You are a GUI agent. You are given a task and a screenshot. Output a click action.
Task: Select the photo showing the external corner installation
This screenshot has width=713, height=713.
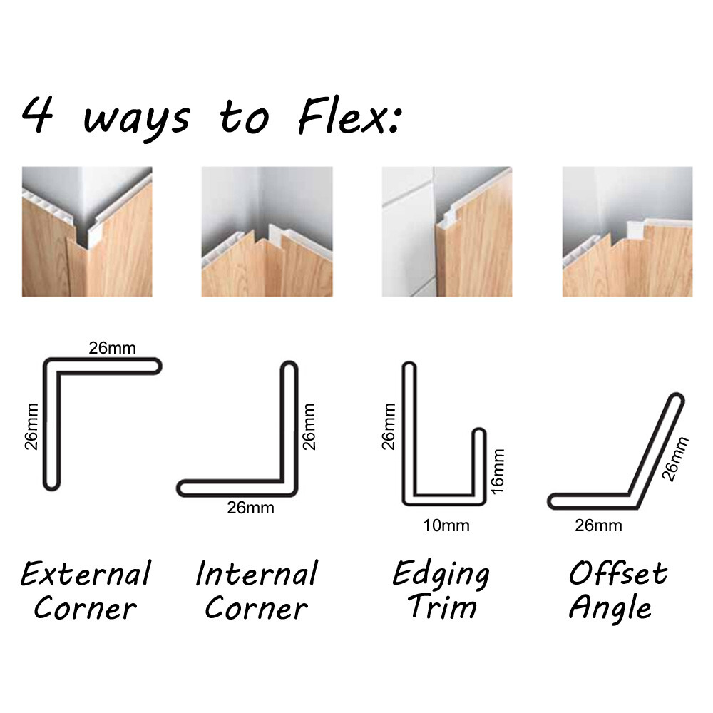point(87,232)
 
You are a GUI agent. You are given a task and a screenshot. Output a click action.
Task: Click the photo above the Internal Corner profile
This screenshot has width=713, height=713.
point(267,232)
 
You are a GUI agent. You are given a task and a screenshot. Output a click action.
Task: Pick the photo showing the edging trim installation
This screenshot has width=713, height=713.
point(447,232)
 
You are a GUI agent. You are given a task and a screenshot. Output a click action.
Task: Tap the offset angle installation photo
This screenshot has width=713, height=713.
point(627,232)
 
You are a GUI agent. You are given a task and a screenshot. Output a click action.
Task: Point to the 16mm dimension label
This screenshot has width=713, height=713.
point(498,471)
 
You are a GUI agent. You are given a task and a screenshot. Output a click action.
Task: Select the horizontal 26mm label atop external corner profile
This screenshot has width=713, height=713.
point(112,349)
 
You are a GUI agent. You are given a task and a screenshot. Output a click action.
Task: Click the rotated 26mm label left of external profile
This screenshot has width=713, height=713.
point(31,426)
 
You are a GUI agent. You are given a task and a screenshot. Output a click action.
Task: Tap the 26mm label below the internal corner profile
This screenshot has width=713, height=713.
point(250,508)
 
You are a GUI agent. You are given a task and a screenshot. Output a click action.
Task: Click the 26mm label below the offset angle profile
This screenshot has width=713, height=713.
point(598,526)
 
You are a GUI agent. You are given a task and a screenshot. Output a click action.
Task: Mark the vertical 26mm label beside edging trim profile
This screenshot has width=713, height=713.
point(388,426)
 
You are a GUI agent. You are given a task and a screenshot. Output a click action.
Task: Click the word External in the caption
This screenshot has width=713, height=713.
point(86,574)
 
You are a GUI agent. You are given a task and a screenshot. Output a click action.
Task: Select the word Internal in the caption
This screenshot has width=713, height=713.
point(256,574)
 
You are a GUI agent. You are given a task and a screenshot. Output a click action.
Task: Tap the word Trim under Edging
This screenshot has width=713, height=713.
point(442,608)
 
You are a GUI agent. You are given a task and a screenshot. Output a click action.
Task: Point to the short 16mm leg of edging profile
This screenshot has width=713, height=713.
point(479,463)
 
